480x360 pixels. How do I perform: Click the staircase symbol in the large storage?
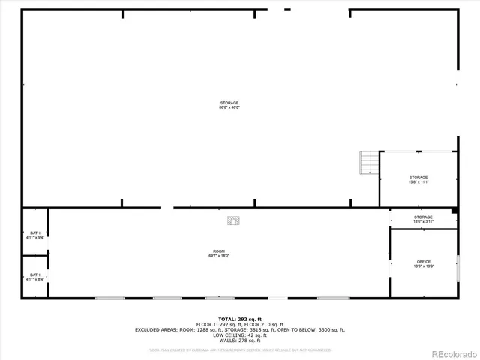369,162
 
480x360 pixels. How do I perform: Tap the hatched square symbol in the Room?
235,221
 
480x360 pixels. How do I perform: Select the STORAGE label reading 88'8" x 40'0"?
229,105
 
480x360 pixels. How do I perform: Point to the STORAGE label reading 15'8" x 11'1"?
418,180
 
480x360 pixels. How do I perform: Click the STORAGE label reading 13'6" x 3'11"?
424,220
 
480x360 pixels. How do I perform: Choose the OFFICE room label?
424,261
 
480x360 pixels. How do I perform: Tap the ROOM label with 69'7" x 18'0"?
219,253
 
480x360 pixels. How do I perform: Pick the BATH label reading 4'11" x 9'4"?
35,235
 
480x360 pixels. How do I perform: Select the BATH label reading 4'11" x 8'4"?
35,277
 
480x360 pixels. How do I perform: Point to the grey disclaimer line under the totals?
240,349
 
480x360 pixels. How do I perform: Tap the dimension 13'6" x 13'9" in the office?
424,266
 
